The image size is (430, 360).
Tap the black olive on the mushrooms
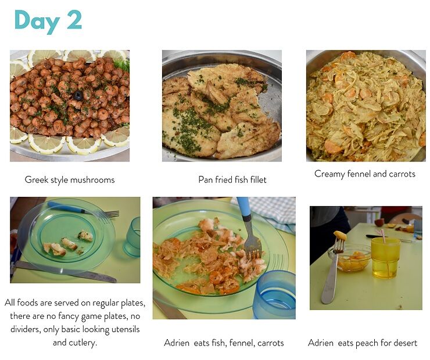(x=78, y=96)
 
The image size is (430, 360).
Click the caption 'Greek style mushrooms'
(x=70, y=180)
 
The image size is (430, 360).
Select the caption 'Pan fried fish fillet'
(x=232, y=180)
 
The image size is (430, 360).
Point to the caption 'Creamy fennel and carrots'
(x=365, y=174)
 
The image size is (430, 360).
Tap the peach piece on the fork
(x=340, y=235)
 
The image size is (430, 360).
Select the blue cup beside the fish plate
(x=274, y=294)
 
